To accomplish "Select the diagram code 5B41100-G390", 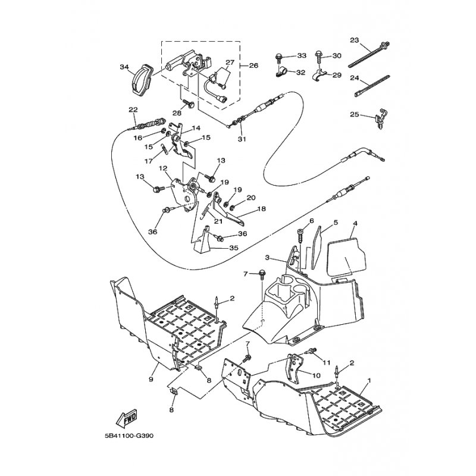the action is pyautogui.click(x=128, y=436).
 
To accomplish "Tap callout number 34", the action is pyautogui.click(x=124, y=67).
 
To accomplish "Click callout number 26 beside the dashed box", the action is pyautogui.click(x=254, y=65).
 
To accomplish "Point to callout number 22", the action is pyautogui.click(x=133, y=109).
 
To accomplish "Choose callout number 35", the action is pyautogui.click(x=234, y=248).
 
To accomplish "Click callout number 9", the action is pyautogui.click(x=151, y=379).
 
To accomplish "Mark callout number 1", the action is pyautogui.click(x=369, y=380).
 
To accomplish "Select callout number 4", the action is pyautogui.click(x=355, y=224).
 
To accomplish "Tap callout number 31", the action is pyautogui.click(x=242, y=139).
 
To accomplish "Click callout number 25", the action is pyautogui.click(x=354, y=114).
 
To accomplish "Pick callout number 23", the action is pyautogui.click(x=354, y=40).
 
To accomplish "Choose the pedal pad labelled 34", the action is pyautogui.click(x=143, y=78).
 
